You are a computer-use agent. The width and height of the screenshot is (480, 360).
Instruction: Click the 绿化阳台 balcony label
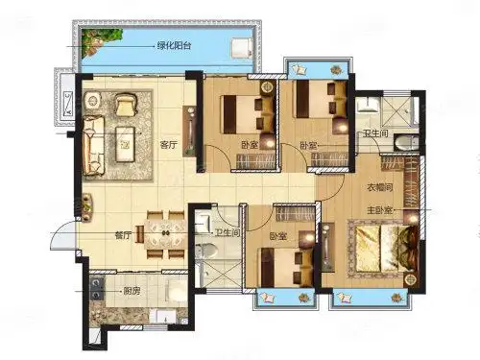point(174,46)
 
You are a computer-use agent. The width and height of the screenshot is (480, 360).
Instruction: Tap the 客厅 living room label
point(168,145)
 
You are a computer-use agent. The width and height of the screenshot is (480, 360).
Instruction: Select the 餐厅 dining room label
point(123,236)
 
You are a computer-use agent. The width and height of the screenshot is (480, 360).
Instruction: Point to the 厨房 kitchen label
point(132,292)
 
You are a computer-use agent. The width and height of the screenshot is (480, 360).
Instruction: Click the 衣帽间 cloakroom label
point(379,187)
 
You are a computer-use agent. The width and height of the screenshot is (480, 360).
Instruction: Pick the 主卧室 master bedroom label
point(379,210)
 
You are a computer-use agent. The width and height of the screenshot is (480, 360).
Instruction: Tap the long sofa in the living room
point(93,146)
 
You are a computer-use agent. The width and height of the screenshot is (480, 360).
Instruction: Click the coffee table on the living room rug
point(125,144)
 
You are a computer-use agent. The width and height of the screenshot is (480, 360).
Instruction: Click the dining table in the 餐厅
point(165,234)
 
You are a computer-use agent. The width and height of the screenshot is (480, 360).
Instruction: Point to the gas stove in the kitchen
point(96,288)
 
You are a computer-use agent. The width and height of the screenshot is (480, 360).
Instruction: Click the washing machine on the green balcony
point(242,48)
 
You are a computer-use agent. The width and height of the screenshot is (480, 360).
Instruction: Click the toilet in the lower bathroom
point(206,252)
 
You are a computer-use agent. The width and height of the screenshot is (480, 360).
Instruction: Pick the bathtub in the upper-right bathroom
point(406,143)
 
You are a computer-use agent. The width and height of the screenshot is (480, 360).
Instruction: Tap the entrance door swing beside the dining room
point(62,234)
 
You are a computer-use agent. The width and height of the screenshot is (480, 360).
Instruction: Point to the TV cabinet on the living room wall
point(189,132)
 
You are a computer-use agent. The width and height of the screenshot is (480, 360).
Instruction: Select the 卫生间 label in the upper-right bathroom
point(375,133)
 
